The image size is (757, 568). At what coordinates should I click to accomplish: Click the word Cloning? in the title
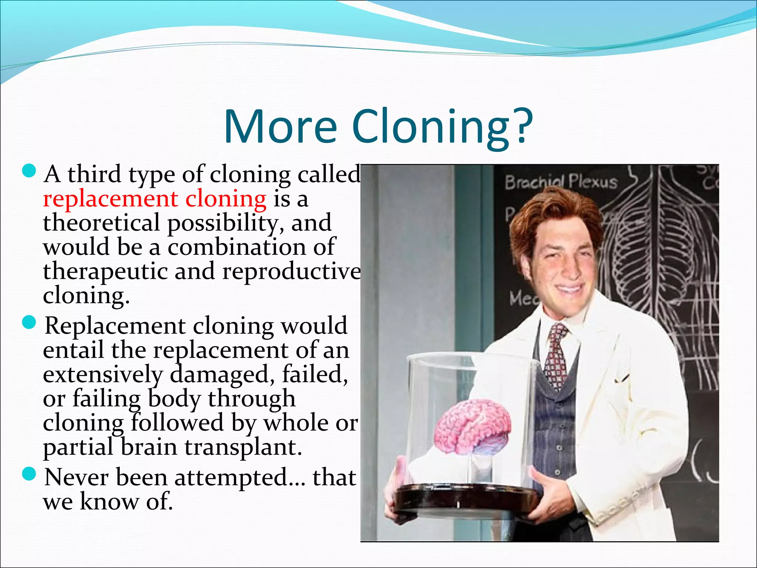pos(442,127)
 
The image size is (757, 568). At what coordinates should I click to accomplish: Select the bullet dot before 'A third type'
pos(29,171)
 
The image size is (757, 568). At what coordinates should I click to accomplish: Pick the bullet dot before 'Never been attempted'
pos(29,474)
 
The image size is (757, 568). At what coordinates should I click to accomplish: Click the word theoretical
pos(101,223)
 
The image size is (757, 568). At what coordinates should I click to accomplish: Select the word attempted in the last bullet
pos(231,477)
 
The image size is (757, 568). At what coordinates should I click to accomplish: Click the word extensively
pos(102,375)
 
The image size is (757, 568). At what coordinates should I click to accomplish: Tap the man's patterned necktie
pos(557,355)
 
